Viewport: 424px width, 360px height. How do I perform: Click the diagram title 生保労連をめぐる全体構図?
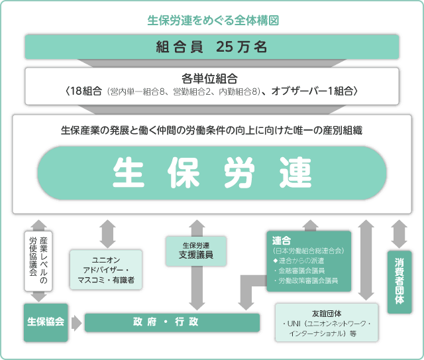tap(213, 21)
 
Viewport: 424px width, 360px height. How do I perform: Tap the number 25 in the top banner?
tap(224, 47)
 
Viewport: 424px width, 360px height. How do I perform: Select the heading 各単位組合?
tap(209, 79)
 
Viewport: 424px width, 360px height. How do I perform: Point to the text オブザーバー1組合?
tap(312, 91)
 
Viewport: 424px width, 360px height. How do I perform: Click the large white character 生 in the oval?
tap(129, 172)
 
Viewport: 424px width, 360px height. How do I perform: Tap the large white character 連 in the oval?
tap(295, 172)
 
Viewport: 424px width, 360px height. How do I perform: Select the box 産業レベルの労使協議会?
tap(38, 261)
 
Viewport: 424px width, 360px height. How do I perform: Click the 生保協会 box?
tap(46, 322)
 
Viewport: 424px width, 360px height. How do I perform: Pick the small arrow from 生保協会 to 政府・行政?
tap(77, 323)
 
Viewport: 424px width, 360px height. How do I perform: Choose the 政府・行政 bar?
tap(172, 322)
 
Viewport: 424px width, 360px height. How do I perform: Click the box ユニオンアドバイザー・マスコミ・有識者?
tap(106, 270)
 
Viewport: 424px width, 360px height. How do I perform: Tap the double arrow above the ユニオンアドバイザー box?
tap(107, 234)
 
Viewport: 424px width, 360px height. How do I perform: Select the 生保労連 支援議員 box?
tap(196, 251)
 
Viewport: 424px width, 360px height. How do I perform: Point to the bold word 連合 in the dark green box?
tap(281, 241)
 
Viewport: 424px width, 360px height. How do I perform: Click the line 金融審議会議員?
tap(301, 270)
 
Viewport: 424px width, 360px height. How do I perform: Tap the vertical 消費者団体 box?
tap(399, 282)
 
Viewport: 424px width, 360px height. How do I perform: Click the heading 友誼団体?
tap(327, 314)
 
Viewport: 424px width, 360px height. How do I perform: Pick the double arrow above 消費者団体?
tap(399, 234)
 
